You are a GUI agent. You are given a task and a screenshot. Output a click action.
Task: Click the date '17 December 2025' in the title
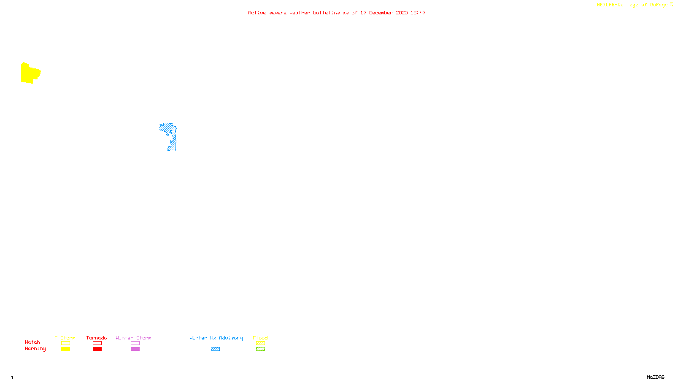pyautogui.click(x=384, y=13)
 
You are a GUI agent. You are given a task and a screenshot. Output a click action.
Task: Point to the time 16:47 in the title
pyautogui.click(x=418, y=13)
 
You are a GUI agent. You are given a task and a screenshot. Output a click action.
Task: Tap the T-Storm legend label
pyautogui.click(x=65, y=338)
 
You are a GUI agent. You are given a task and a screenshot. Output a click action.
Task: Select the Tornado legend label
pyautogui.click(x=97, y=338)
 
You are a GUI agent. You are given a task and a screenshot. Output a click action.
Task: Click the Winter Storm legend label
pyautogui.click(x=133, y=338)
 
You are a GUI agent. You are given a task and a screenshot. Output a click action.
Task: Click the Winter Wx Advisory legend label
pyautogui.click(x=216, y=338)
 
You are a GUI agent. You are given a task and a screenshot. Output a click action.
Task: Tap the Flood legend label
pyautogui.click(x=260, y=338)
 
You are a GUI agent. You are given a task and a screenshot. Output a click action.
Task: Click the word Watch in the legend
pyautogui.click(x=32, y=342)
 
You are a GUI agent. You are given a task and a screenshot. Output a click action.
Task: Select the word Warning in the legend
pyautogui.click(x=35, y=349)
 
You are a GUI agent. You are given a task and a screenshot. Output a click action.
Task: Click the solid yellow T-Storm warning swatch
pyautogui.click(x=65, y=349)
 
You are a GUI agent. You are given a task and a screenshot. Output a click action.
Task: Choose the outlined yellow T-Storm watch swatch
pyautogui.click(x=65, y=343)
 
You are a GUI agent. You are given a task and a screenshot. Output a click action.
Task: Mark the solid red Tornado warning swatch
pyautogui.click(x=97, y=349)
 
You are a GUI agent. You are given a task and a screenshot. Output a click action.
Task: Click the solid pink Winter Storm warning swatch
pyautogui.click(x=135, y=349)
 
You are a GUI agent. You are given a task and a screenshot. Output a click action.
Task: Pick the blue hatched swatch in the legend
pyautogui.click(x=215, y=349)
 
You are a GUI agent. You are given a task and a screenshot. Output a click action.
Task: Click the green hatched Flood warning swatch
pyautogui.click(x=260, y=349)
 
